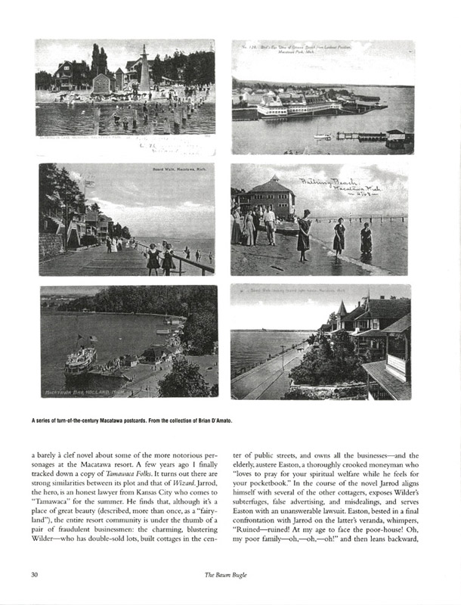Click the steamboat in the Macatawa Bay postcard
coord(80,359)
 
